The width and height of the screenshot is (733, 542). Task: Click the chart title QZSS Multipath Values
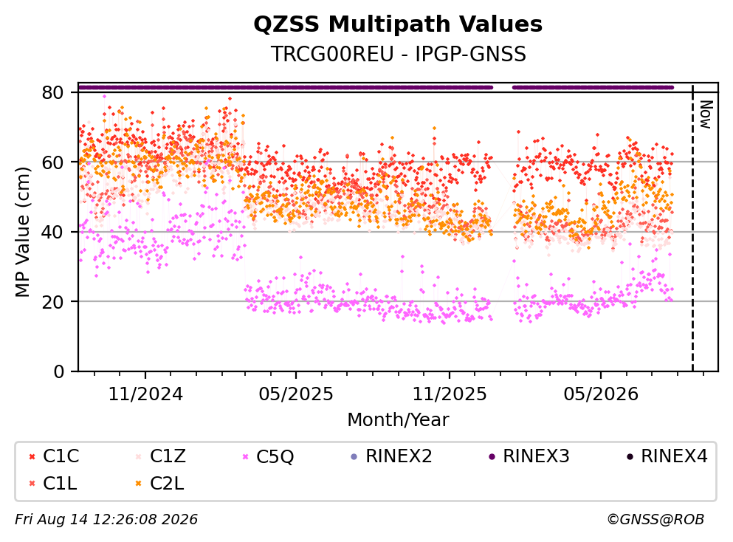point(398,24)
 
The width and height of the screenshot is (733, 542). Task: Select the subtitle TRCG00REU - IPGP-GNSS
point(399,54)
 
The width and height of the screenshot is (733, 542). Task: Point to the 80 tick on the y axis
point(52,92)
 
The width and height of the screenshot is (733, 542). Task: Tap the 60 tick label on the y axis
point(52,162)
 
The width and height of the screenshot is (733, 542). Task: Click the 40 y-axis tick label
point(52,232)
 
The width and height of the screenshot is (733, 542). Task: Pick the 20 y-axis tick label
point(52,301)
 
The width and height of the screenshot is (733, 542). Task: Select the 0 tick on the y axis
point(58,371)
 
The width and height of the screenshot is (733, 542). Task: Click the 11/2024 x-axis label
point(145,394)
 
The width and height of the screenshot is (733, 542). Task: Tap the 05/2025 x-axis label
point(296,394)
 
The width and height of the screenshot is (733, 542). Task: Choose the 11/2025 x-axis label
point(450,394)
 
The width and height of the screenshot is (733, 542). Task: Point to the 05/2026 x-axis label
point(601,394)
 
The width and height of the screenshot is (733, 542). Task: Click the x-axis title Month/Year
point(398,420)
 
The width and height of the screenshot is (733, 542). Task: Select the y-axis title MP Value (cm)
point(22,232)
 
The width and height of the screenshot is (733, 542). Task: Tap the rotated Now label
point(706,114)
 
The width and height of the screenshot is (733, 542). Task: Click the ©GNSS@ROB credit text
point(655,519)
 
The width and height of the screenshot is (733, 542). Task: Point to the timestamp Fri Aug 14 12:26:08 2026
point(106,519)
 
